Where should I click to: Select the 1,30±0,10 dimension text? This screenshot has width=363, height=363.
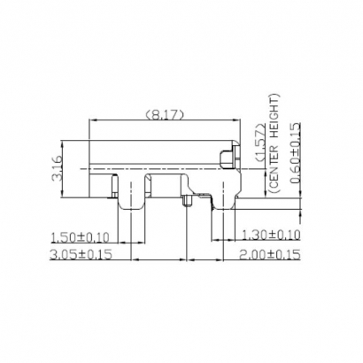pyautogui.click(x=270, y=235)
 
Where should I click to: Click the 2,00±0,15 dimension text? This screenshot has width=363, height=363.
pyautogui.click(x=270, y=254)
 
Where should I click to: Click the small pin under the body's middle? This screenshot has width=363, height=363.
pyautogui.click(x=187, y=203)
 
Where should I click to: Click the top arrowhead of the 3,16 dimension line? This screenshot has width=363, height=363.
pyautogui.click(x=65, y=142)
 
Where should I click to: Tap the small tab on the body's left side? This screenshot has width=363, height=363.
pyautogui.click(x=113, y=184)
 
